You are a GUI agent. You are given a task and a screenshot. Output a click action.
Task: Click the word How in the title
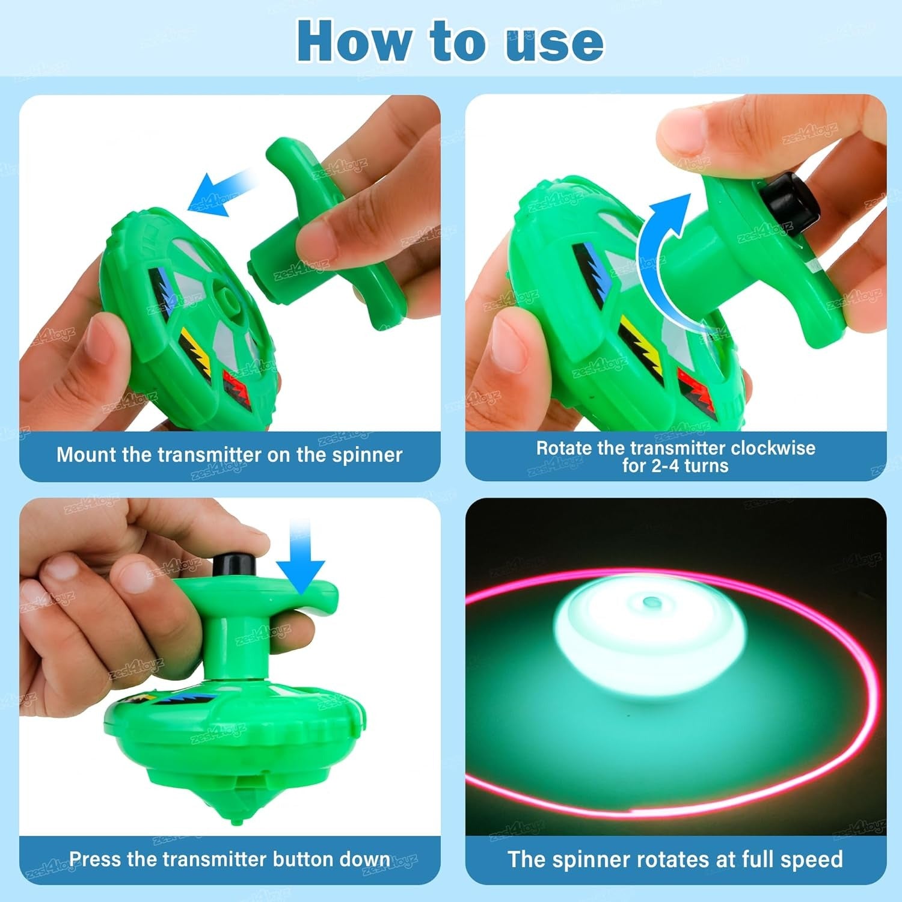tap(355, 41)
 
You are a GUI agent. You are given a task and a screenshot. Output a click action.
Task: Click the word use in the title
tap(554, 42)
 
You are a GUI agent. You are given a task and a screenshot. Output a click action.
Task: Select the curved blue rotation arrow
tap(661, 253)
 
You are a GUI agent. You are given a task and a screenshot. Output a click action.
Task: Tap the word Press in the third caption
tap(96, 859)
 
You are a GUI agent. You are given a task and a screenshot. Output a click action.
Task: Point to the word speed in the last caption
tap(811, 859)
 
